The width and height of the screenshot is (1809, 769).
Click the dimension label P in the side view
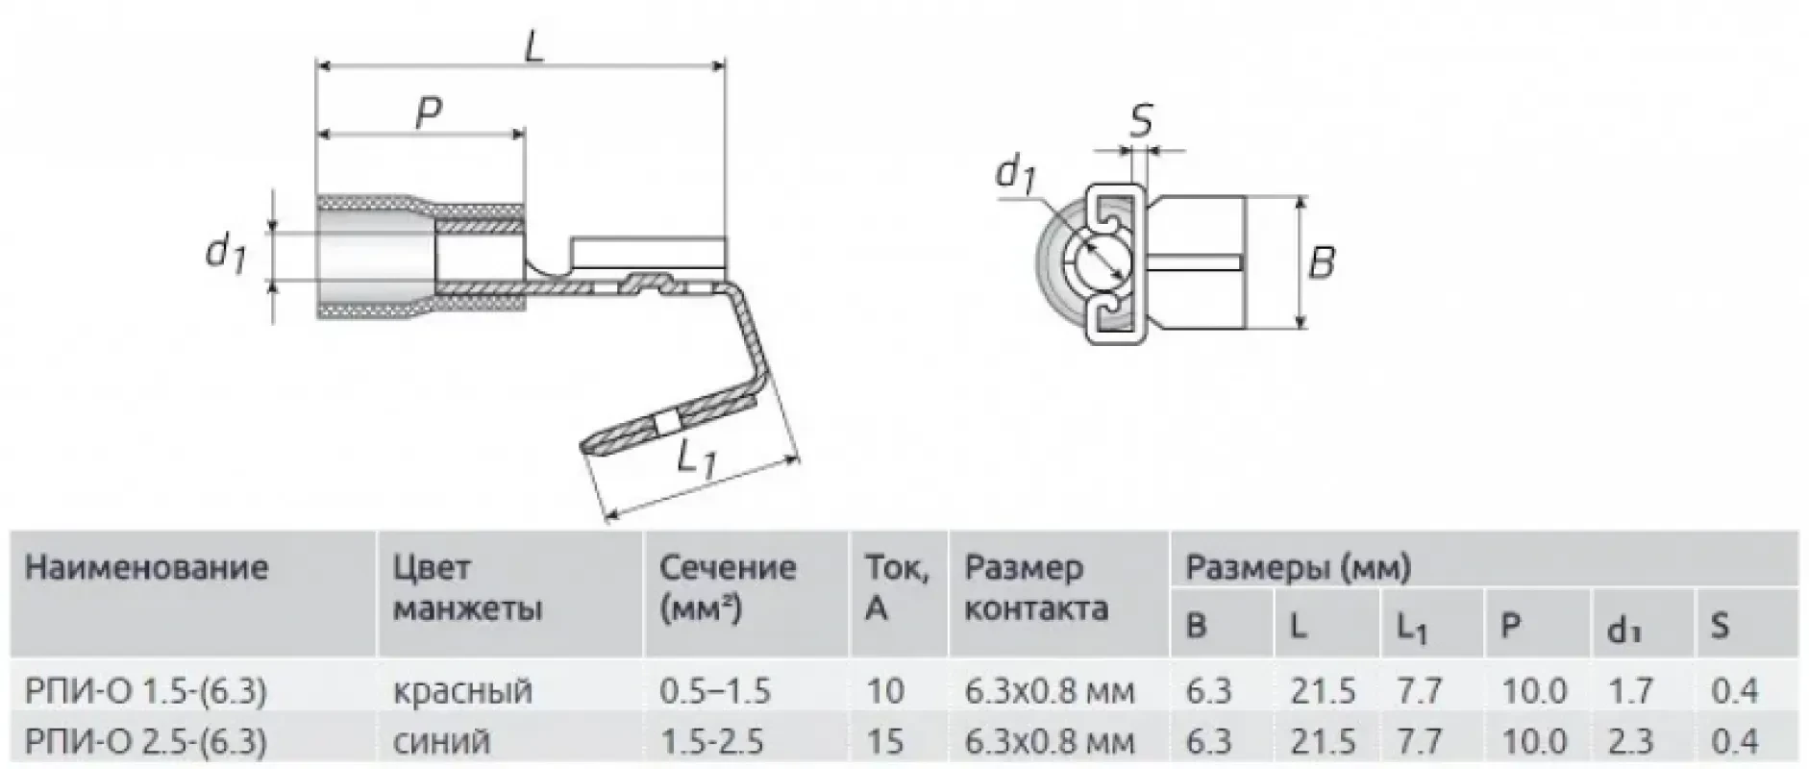point(429,112)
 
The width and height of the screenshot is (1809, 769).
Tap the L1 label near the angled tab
point(696,459)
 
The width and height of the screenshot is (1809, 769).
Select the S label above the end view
point(1141,122)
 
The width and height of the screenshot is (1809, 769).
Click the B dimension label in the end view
point(1323,261)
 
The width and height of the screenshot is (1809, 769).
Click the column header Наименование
point(146,566)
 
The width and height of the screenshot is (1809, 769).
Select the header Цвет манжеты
point(467,587)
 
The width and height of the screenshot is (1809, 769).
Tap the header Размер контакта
point(1035,587)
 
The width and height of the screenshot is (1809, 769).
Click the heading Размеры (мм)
point(1298,567)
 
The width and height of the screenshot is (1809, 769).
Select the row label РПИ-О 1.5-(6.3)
point(145,690)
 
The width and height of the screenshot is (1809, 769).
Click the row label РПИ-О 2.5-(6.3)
point(145,740)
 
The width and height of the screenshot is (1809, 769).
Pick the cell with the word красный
point(462,690)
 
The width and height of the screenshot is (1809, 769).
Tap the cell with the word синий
point(442,741)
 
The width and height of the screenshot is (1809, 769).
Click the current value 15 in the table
point(885,741)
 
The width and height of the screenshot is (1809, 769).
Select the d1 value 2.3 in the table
point(1629,741)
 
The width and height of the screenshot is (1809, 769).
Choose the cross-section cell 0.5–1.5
point(715,690)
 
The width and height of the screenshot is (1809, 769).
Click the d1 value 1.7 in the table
point(1629,690)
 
